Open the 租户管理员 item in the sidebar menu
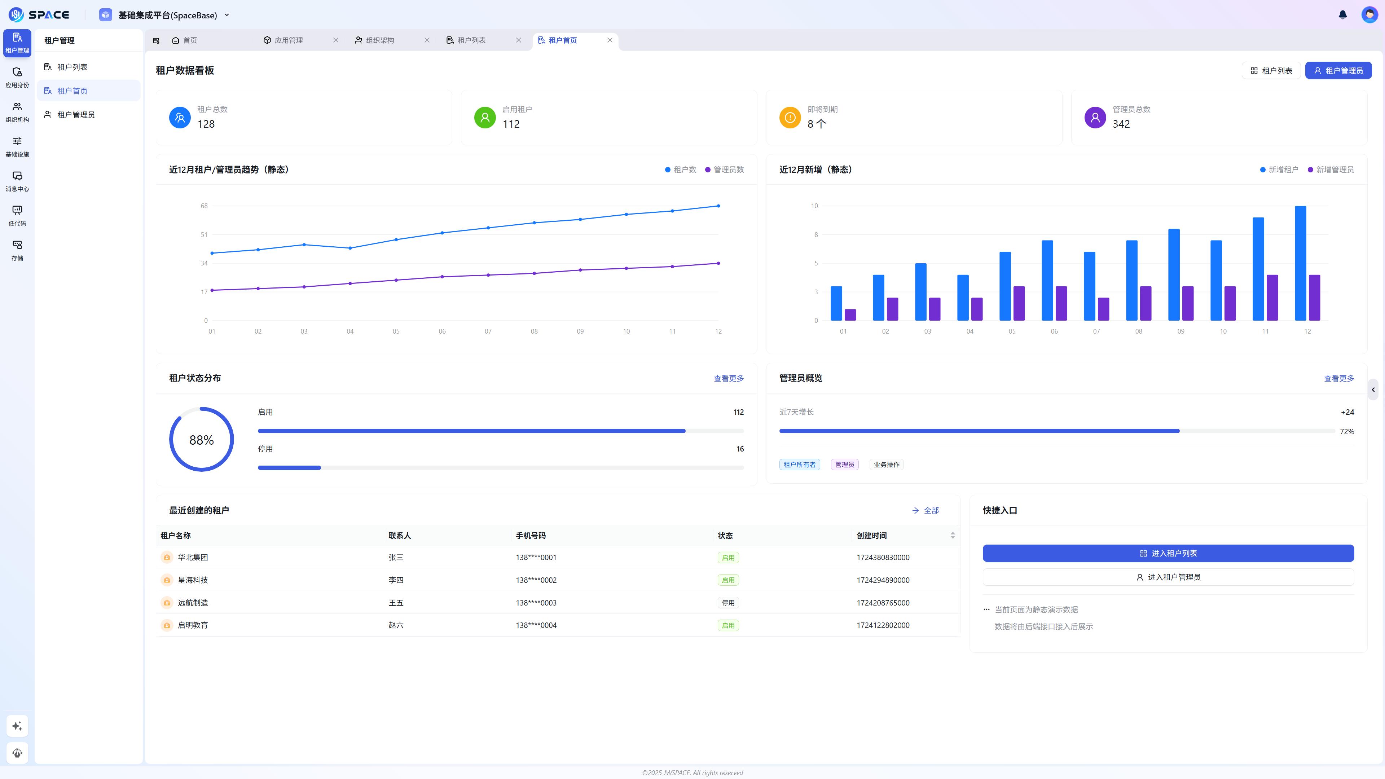76,115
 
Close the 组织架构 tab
427,40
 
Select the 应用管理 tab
288,40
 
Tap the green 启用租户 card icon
484,117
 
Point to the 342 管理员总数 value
1121,124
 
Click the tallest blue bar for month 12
1300,263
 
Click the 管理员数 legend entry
724,170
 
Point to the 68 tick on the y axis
204,206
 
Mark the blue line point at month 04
350,248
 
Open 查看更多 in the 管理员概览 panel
1338,378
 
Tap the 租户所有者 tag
799,465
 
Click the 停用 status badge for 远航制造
728,603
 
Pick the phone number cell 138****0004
536,625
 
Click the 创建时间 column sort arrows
952,536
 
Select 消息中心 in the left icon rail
17,181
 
